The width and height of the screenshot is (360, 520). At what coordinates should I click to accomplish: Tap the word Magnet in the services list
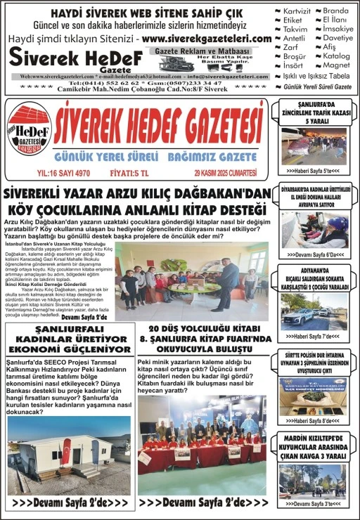tap(336, 65)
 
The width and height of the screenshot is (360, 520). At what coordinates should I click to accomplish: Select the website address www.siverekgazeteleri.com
tap(207, 39)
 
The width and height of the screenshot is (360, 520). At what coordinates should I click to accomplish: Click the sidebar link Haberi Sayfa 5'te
tap(312, 171)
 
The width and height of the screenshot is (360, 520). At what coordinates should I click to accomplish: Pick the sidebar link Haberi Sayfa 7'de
tap(312, 336)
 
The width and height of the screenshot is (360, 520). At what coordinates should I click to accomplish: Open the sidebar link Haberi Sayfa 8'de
tap(312, 420)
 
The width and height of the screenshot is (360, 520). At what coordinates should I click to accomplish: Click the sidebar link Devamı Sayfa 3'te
tap(312, 504)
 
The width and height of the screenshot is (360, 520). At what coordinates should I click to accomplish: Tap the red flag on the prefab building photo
tap(67, 450)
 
